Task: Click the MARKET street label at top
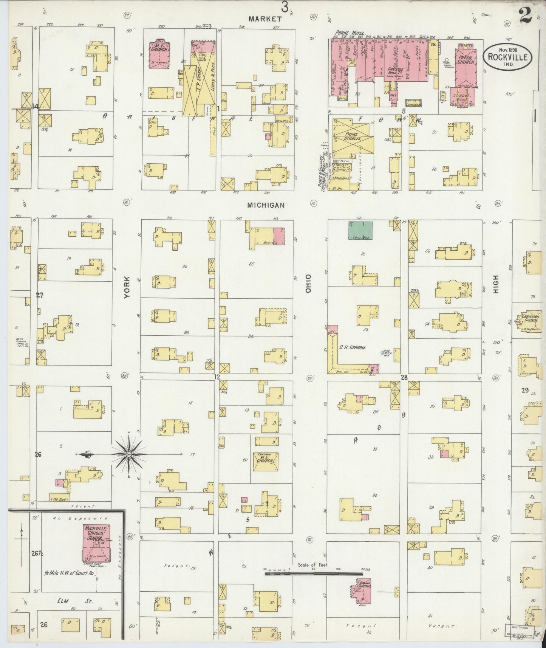pyautogui.click(x=265, y=19)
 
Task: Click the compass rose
pyautogui.click(x=129, y=454)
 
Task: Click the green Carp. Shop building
pyautogui.click(x=360, y=231)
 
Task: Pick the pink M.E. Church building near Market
pyautogui.click(x=162, y=54)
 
